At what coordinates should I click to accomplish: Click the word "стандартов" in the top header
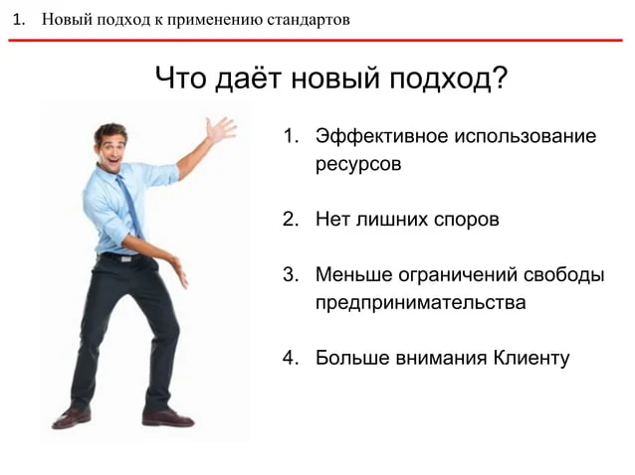coord(309,20)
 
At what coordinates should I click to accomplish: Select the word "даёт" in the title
coord(248,78)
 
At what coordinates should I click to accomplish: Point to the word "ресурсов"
coord(358,164)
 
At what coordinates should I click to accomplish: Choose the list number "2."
coord(291,219)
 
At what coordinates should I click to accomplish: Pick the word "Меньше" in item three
coord(354,275)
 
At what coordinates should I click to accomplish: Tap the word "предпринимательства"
coord(421,303)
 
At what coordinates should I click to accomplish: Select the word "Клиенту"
coord(531,358)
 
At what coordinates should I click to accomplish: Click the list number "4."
coord(291,358)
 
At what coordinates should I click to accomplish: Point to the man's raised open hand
coord(220,129)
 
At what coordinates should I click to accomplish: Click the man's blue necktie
coord(130,206)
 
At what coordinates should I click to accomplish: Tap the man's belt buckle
coord(126,258)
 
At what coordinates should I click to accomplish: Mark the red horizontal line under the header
coord(316,40)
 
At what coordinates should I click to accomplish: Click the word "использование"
coord(525,136)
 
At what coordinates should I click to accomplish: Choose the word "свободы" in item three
coord(563,275)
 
